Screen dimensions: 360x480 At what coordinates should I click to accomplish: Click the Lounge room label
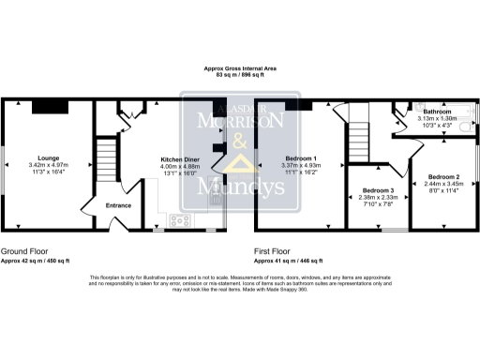48,157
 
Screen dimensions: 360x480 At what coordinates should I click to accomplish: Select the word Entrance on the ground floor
118,205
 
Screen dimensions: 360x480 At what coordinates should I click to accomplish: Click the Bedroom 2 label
443,177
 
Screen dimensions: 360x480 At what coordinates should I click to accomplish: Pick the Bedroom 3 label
378,190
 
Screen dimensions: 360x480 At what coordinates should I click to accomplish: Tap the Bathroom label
438,112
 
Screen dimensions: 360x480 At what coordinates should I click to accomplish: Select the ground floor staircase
111,154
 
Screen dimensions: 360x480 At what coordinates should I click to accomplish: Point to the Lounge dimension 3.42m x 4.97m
49,166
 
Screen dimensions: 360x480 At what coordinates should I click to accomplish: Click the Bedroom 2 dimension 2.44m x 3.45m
443,186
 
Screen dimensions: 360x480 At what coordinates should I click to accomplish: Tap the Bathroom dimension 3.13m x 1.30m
438,119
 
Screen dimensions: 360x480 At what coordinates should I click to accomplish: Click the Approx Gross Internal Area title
239,67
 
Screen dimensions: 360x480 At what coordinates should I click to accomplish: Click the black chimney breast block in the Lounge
46,107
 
